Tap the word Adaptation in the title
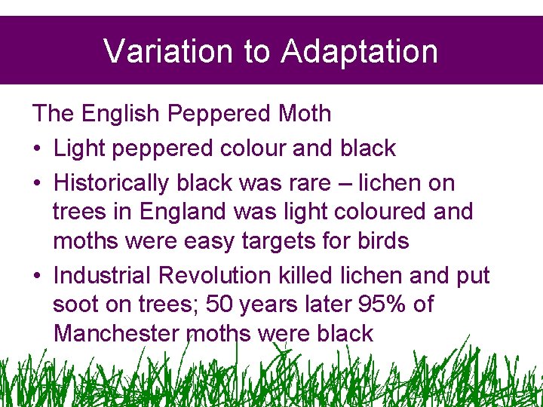(360, 51)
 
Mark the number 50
(219, 305)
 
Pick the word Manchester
(117, 334)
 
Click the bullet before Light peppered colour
(37, 148)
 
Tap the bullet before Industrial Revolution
(37, 277)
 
